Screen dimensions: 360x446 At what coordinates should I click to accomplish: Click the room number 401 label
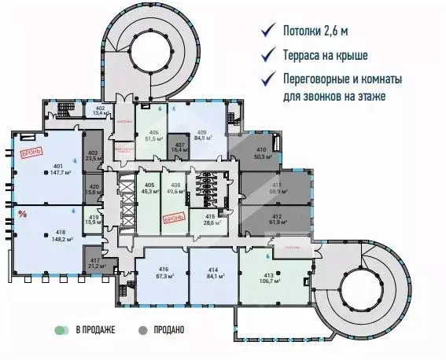(57, 166)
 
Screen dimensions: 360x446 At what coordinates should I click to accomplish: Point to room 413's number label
(278, 274)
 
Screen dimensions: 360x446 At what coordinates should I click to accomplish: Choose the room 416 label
(164, 269)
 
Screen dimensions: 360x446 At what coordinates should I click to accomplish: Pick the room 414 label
(212, 269)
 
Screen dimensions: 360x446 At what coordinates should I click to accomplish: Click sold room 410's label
(261, 150)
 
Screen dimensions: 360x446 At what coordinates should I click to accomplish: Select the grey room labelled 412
(277, 216)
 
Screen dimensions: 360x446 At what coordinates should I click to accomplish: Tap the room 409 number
(202, 131)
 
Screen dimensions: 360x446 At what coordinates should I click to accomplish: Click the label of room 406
(154, 132)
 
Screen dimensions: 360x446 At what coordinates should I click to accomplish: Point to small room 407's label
(179, 145)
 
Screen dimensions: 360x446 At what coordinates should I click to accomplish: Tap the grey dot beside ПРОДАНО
(142, 330)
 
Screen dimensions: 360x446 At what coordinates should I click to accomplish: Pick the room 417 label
(94, 261)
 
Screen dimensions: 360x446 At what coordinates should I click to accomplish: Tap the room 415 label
(210, 215)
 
